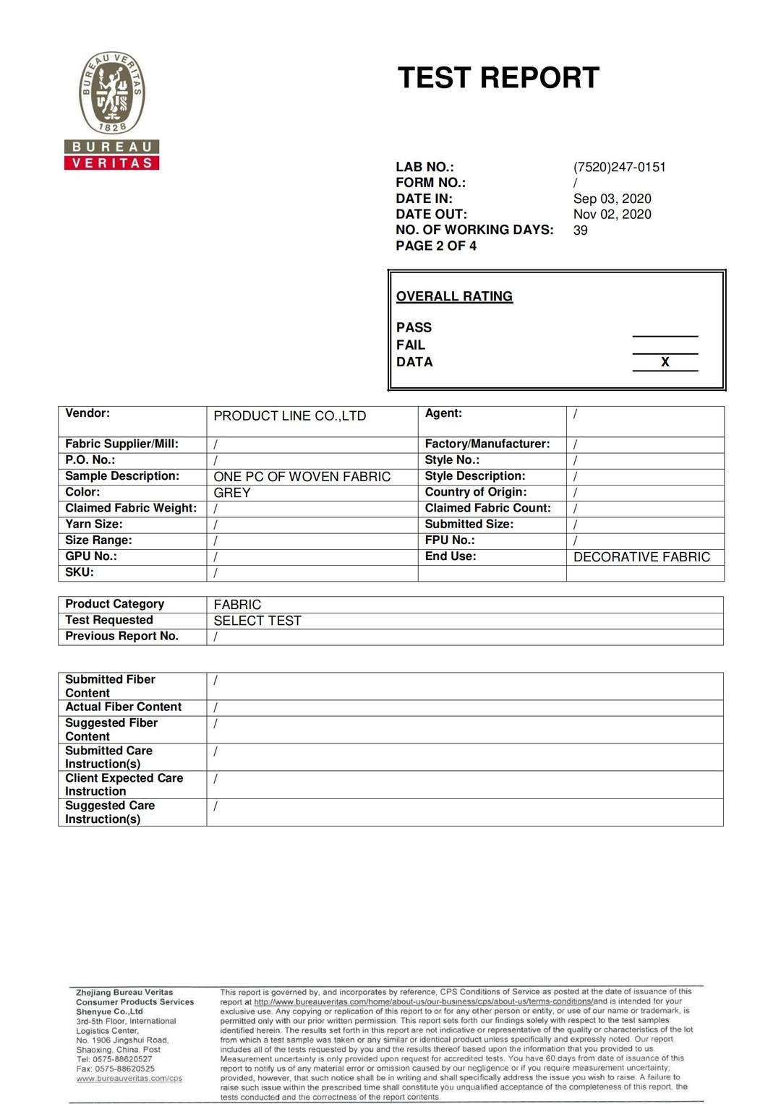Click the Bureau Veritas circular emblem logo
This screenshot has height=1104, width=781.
click(x=111, y=92)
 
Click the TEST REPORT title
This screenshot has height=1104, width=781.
click(x=498, y=78)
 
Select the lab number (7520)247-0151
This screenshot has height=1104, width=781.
click(x=619, y=167)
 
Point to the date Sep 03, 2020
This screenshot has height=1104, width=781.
click(x=612, y=199)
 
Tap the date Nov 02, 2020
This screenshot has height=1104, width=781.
click(x=612, y=215)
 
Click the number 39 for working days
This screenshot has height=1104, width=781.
click(x=580, y=230)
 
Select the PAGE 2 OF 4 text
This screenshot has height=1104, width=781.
click(x=435, y=246)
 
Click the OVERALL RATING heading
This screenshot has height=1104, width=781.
click(x=454, y=296)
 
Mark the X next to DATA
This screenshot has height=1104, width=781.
click(x=665, y=362)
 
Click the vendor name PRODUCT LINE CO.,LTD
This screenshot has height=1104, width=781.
click(x=289, y=416)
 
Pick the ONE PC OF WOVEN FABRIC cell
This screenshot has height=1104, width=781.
click(x=302, y=477)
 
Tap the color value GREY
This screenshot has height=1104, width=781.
click(x=232, y=493)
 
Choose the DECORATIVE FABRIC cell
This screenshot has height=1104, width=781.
click(x=641, y=557)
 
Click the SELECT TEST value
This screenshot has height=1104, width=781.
click(x=257, y=621)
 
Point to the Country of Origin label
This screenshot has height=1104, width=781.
click(x=475, y=492)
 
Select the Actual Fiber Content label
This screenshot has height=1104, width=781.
click(x=123, y=707)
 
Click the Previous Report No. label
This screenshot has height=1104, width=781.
click(x=121, y=636)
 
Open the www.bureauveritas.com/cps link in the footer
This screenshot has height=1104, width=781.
click(x=129, y=1079)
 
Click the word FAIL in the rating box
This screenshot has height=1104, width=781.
click(x=410, y=345)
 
